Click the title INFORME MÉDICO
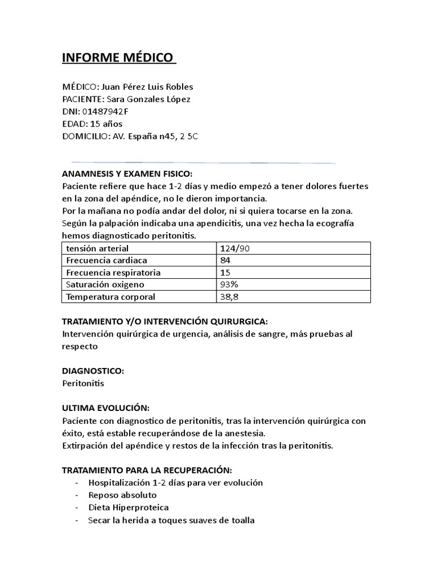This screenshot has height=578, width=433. pyautogui.click(x=118, y=58)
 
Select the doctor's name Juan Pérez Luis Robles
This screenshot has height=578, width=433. pyautogui.click(x=145, y=87)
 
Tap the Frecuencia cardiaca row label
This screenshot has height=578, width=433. pyautogui.click(x=107, y=260)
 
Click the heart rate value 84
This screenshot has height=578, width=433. pyautogui.click(x=226, y=260)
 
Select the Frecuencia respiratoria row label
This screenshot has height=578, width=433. pyautogui.click(x=113, y=273)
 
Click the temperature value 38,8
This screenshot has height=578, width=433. pyautogui.click(x=230, y=297)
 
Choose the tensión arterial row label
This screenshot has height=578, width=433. pyautogui.click(x=97, y=248)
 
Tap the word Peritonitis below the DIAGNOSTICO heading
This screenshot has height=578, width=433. pyautogui.click(x=83, y=383)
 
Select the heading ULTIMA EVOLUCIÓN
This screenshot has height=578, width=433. pyautogui.click(x=105, y=408)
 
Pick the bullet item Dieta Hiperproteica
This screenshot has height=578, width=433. pyautogui.click(x=128, y=507)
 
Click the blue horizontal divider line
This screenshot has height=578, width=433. pyautogui.click(x=203, y=163)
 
